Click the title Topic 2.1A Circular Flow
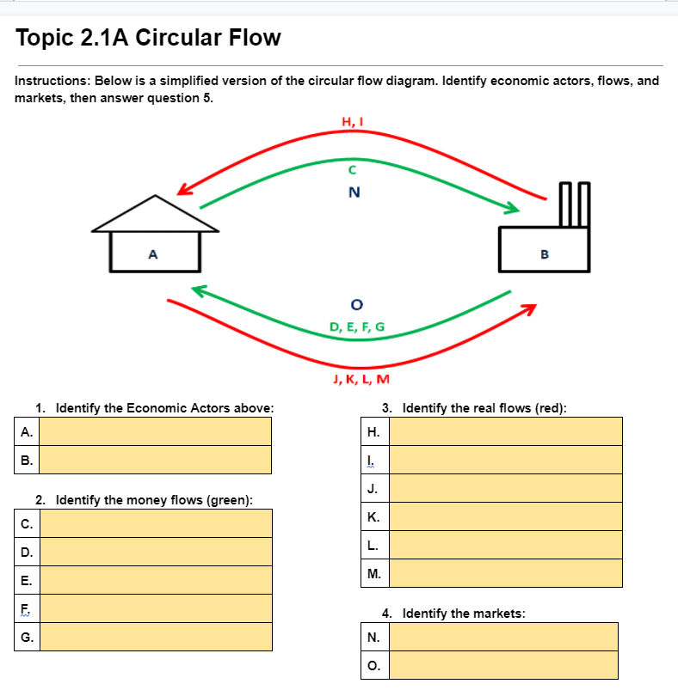coord(148,39)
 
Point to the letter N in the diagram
coord(352,192)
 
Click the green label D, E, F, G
coord(357,327)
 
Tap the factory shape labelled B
coord(544,249)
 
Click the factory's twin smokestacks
coord(573,205)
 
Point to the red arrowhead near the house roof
coord(186,188)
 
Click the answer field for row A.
coord(156,431)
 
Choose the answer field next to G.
coord(156,637)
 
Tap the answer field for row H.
coord(505,431)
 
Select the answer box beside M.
coord(505,573)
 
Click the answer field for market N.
coord(503,637)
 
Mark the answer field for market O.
coord(503,665)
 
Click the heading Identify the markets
coord(463,614)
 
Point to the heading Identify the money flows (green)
coord(144,500)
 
